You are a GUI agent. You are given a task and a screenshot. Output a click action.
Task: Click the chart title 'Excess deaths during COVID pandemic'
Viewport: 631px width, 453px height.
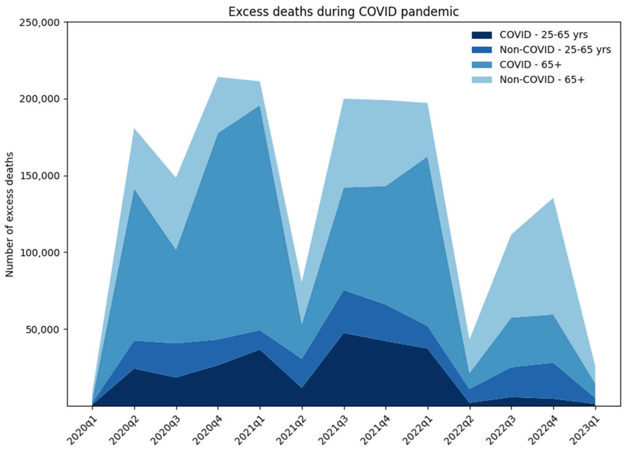[343, 12]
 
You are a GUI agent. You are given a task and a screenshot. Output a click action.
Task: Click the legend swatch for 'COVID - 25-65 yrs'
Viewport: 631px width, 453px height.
[482, 35]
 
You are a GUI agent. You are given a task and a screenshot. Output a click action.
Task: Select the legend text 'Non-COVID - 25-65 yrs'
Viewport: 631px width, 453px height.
[555, 50]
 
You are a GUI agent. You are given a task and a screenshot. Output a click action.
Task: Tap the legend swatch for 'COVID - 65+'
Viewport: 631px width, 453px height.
[482, 65]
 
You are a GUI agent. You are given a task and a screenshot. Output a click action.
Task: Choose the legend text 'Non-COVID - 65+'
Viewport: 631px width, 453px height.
[542, 79]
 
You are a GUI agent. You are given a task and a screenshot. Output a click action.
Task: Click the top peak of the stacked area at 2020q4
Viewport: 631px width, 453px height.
[218, 77]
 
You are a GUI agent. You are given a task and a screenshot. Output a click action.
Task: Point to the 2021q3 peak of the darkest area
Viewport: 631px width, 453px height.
[344, 333]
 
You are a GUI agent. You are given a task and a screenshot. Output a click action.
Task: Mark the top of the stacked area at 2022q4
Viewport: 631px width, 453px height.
[553, 198]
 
